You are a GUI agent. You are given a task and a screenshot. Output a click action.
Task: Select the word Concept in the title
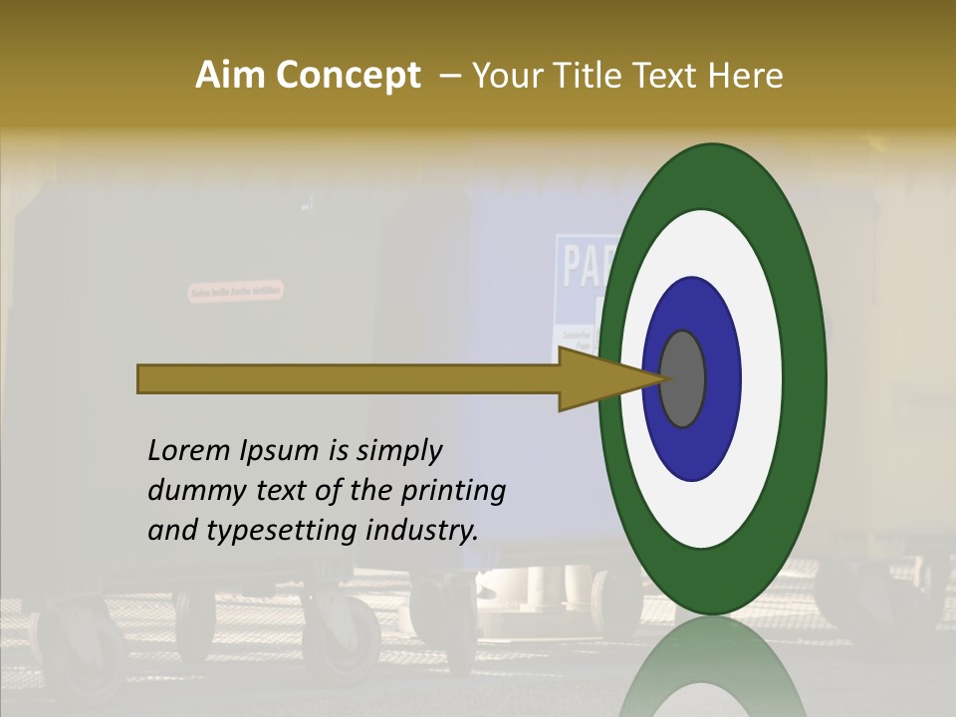(x=348, y=76)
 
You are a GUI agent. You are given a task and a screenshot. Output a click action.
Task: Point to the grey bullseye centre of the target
(x=682, y=378)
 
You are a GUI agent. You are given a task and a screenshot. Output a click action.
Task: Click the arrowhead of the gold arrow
(x=597, y=378)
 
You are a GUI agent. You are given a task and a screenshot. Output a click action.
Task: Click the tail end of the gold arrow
(x=144, y=378)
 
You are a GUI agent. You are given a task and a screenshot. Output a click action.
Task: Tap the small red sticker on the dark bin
(x=236, y=291)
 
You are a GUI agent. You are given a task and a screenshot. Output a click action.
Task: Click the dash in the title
(x=449, y=76)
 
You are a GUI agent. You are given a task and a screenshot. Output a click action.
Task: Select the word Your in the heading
(x=503, y=76)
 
